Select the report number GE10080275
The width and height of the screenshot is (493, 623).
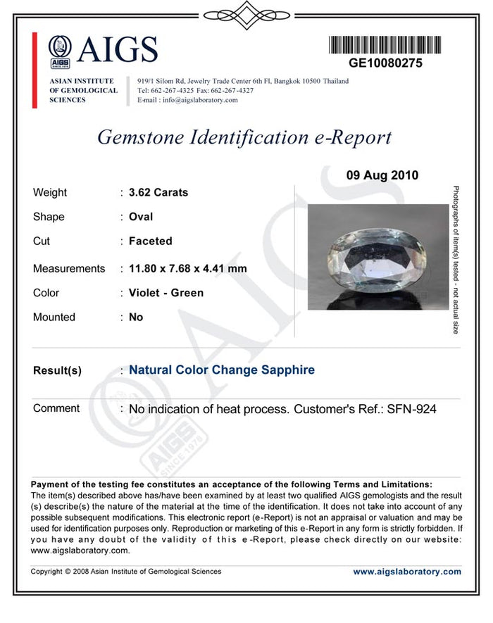[386, 63]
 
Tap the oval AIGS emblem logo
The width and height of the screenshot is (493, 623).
[60, 50]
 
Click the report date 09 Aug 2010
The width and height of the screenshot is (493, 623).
[382, 175]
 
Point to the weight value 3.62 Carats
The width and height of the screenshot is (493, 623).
[158, 192]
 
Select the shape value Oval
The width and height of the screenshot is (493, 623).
[141, 217]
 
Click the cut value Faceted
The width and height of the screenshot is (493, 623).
[150, 241]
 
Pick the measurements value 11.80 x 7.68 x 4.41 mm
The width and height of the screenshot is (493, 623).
[187, 268]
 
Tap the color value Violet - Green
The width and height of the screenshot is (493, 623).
[166, 293]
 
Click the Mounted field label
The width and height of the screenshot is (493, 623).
[54, 317]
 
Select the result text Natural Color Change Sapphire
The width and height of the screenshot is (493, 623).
[222, 370]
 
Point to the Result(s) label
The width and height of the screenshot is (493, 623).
[57, 371]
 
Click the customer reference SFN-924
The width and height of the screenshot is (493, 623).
[412, 408]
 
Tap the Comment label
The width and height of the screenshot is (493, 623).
[56, 408]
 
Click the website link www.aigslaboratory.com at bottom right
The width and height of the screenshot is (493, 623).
[407, 572]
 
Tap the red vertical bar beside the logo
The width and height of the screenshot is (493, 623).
[35, 70]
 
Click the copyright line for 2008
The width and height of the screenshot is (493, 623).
[126, 572]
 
